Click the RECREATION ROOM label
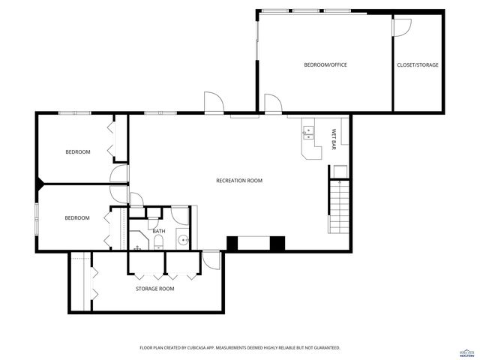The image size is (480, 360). click(x=239, y=181)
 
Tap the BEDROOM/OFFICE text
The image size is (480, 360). click(x=325, y=65)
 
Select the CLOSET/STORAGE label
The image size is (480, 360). click(x=418, y=65)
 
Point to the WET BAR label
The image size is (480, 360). click(x=334, y=139)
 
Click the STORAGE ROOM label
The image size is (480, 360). click(x=154, y=289)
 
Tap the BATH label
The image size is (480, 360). click(x=159, y=231)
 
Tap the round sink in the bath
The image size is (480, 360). click(x=181, y=241)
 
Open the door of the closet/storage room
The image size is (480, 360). click(x=402, y=27)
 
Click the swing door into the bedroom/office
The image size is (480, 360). click(x=272, y=103)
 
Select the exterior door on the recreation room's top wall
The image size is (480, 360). click(x=213, y=103)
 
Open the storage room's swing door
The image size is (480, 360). click(x=211, y=259)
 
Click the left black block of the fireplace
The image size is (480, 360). click(x=232, y=244)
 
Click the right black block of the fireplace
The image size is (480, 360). click(x=277, y=244)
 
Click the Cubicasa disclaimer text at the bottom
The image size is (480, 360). click(x=240, y=348)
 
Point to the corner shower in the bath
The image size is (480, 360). click(x=139, y=241)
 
